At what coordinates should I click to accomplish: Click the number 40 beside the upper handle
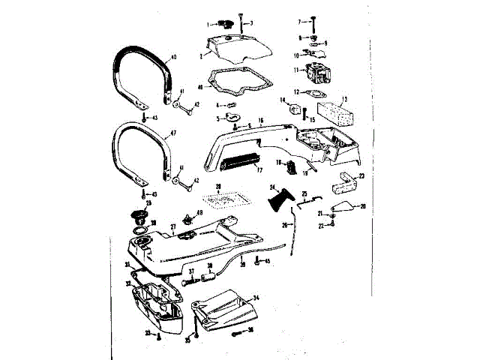(174, 57)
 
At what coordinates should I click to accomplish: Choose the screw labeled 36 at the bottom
(238, 330)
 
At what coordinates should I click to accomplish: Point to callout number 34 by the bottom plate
(256, 298)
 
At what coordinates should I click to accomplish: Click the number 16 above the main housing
(260, 120)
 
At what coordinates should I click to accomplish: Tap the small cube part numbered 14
(293, 109)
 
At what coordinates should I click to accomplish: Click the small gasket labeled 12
(317, 94)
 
